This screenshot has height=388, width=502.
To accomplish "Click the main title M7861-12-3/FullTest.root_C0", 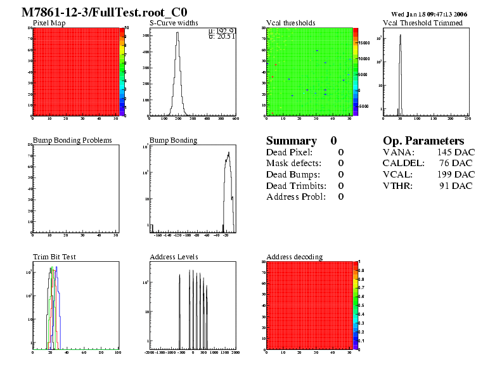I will point(104,13).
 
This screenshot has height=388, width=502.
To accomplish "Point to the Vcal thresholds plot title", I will point(290,23).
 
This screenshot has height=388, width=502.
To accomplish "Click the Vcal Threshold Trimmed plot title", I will point(423,23).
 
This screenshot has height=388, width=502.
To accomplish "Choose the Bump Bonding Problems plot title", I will point(72,140).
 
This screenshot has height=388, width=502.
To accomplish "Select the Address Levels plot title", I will point(174,257).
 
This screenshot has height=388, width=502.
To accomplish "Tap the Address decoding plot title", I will point(294,257).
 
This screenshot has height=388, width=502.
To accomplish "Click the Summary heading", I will point(291,141).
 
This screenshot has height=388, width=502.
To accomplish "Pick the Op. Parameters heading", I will point(423,141).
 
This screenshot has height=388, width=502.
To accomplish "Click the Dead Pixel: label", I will point(289,152).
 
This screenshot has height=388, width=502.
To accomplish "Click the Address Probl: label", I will point(295,197).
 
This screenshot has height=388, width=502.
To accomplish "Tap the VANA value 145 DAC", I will point(455,152).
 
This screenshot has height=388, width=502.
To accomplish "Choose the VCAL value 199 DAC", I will point(455,174).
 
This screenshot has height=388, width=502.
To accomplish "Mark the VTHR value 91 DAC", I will point(456,186).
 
